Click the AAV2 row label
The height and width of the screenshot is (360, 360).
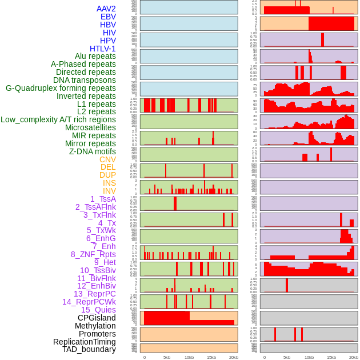tap(106, 9)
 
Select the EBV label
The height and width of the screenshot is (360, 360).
tap(108, 17)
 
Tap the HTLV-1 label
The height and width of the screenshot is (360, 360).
tap(103, 49)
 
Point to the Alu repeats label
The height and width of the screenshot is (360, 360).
tap(95, 56)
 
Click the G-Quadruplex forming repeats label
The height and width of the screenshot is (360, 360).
tap(61, 88)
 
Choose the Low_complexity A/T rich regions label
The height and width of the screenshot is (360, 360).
tap(58, 119)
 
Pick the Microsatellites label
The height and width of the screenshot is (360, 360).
tap(90, 127)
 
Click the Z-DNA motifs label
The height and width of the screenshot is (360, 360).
tap(93, 151)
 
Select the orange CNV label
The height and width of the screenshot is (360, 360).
tap(107, 159)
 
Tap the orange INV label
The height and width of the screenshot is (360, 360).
tap(109, 191)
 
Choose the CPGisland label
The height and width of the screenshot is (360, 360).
tap(97, 318)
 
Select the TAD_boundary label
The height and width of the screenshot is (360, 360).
tap(89, 349)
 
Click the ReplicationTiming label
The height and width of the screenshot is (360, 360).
tap(85, 342)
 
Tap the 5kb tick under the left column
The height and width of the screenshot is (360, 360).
tap(167, 357)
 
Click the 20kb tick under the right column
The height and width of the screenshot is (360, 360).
tap(354, 357)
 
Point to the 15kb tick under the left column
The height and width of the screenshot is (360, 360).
tap(211, 357)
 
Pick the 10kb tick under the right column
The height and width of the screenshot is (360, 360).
tap(309, 357)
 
